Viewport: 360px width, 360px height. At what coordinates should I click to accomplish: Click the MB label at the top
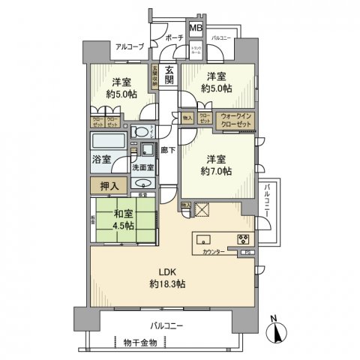click(x=194, y=29)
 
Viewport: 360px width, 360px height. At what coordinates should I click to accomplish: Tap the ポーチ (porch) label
click(x=175, y=37)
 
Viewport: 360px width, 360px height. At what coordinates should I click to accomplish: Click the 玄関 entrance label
click(x=169, y=76)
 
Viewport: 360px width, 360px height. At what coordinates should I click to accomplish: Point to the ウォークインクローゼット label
click(x=236, y=119)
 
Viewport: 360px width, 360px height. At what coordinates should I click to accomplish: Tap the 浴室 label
click(x=100, y=160)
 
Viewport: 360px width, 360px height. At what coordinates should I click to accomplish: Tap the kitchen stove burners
click(x=244, y=241)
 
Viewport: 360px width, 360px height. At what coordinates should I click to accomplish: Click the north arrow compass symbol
click(x=278, y=331)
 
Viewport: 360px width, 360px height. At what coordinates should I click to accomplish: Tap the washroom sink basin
click(x=142, y=182)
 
